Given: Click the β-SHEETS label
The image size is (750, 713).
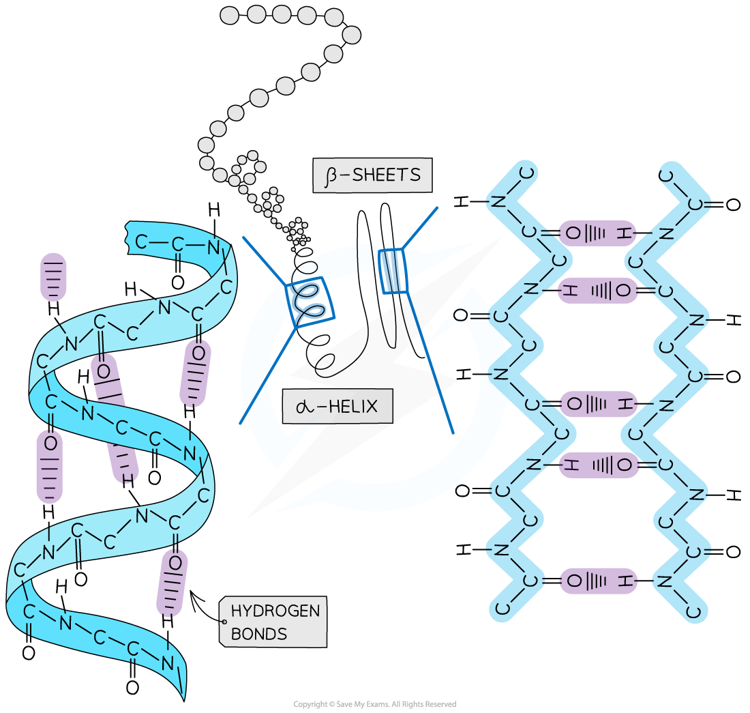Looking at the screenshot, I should [372, 175].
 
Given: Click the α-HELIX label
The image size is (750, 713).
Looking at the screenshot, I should [338, 407].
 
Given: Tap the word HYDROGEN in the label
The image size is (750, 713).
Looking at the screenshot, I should [275, 611].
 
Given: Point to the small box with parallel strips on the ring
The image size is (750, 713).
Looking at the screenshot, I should [393, 271].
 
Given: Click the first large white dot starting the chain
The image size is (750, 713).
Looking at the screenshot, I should [230, 16].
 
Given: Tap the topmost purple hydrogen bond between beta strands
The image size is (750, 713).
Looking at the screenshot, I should [597, 233].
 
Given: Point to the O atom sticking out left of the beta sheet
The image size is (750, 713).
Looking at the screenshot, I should [461, 315].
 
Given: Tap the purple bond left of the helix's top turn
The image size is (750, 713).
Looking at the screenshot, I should [54, 276].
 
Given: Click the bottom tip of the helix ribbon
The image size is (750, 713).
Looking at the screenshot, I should [183, 693].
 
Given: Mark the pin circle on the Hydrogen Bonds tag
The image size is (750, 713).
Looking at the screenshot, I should [224, 622].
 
